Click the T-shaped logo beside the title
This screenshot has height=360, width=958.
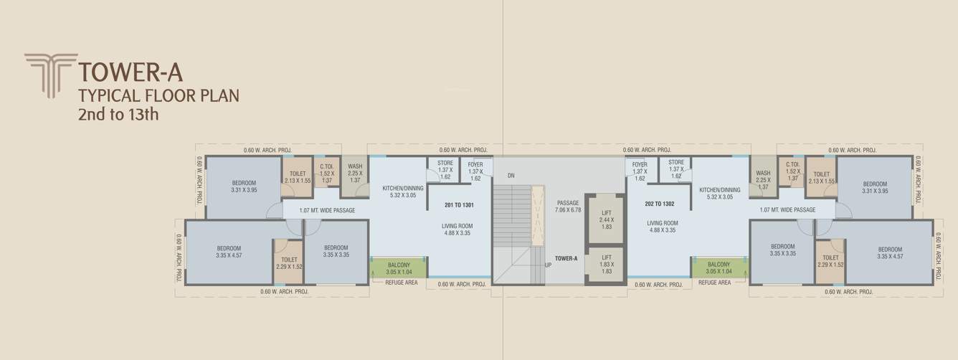(50, 75)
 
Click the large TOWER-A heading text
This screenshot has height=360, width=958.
(131, 72)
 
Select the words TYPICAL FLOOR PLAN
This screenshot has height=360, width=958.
(158, 95)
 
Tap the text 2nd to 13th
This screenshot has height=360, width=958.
(118, 113)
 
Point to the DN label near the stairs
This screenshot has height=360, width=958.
(511, 175)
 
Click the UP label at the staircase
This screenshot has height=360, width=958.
(549, 264)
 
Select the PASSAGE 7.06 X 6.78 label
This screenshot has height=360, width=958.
(568, 207)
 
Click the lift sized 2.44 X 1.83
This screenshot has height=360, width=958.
(607, 218)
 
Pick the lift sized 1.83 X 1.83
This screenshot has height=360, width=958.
(607, 264)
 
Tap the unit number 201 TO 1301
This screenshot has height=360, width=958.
(459, 205)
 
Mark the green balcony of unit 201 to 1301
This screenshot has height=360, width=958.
(399, 267)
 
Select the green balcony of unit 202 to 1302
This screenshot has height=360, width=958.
(718, 267)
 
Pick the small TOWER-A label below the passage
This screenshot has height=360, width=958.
(566, 258)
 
